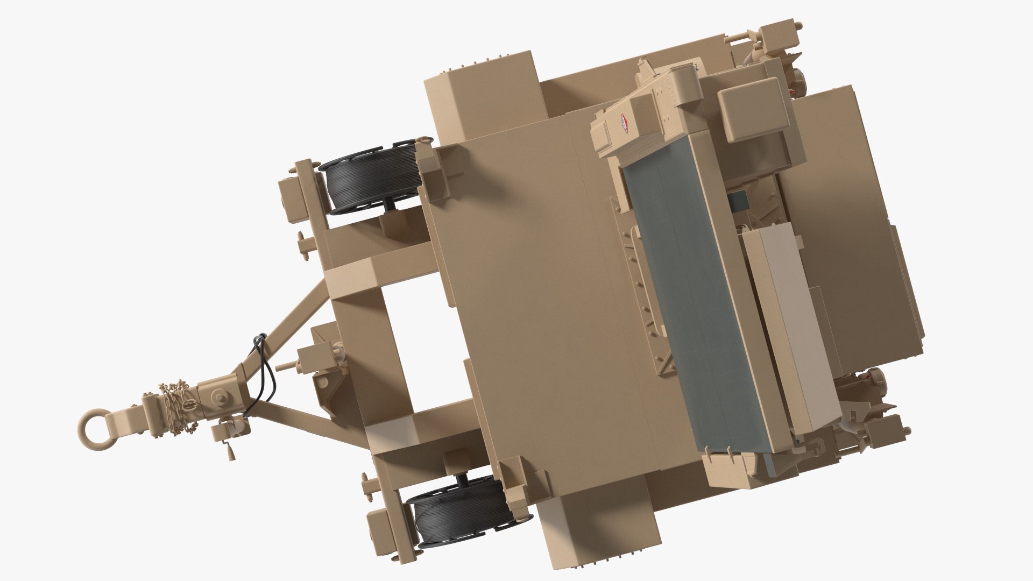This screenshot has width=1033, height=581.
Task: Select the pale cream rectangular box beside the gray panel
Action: (791, 328)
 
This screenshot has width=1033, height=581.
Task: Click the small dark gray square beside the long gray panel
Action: (738, 200)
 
